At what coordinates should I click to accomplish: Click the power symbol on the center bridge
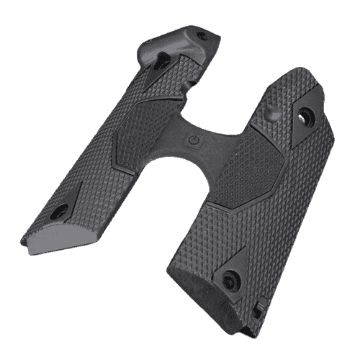194,138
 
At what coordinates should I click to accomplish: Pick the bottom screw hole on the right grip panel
233,280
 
